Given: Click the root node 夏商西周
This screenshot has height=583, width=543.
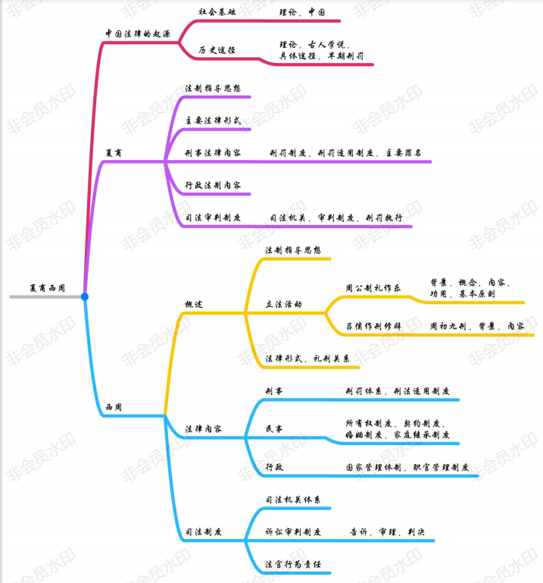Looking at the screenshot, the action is click(47, 289).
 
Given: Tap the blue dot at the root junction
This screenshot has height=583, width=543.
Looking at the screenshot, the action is click(85, 296).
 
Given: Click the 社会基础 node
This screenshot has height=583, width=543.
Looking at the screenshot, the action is click(216, 13).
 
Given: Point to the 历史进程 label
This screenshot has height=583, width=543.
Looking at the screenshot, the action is click(217, 49).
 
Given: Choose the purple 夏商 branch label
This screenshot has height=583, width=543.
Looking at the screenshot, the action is click(114, 152).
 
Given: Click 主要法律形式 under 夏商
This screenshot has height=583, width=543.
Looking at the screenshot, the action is click(213, 121).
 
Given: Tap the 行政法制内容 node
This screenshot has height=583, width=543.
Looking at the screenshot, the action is click(213, 185).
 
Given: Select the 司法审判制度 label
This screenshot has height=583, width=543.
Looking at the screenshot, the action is click(213, 218).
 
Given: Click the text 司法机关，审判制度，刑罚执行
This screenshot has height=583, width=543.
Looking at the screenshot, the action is click(335, 218).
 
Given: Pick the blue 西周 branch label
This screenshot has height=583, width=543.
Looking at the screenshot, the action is click(114, 407).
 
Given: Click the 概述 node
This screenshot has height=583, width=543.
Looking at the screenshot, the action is click(194, 304).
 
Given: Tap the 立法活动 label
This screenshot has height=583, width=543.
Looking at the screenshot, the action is click(283, 304).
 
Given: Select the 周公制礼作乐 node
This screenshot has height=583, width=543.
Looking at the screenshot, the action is click(373, 288).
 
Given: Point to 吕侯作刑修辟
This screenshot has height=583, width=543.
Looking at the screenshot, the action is click(373, 325).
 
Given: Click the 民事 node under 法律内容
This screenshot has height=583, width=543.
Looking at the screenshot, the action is click(273, 429).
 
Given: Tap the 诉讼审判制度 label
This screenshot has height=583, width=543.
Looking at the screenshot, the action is click(293, 532).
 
